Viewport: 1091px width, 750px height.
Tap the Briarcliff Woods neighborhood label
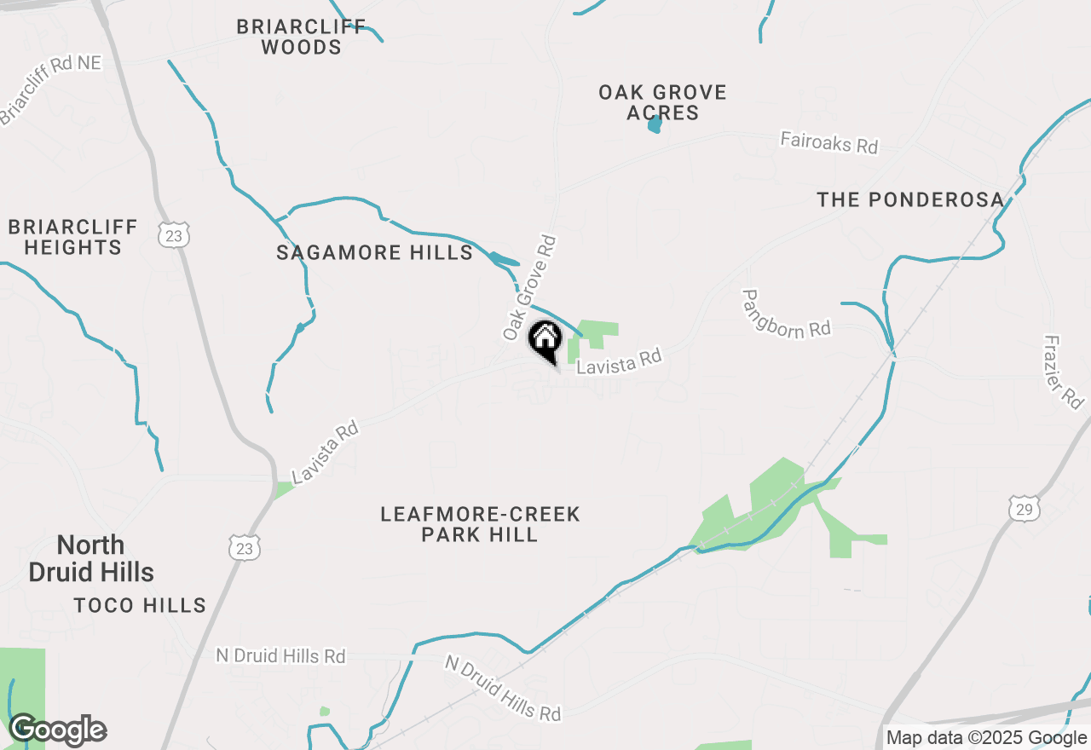[301, 37]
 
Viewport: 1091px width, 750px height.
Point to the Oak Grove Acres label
[662, 102]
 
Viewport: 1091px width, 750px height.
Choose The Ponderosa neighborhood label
[910, 199]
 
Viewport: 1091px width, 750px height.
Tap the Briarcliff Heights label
[72, 237]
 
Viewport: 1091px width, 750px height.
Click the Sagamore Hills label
[374, 252]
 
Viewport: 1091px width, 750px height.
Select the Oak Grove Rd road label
[529, 288]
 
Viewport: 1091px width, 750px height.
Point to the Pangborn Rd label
[785, 314]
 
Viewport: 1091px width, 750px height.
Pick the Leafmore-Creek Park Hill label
[480, 524]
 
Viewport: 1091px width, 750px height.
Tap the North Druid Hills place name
[91, 558]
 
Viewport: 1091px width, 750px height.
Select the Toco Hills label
[140, 606]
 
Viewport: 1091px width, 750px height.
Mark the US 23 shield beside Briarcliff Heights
[174, 235]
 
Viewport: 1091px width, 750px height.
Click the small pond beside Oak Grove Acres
[655, 125]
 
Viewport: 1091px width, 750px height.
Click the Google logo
[57, 730]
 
